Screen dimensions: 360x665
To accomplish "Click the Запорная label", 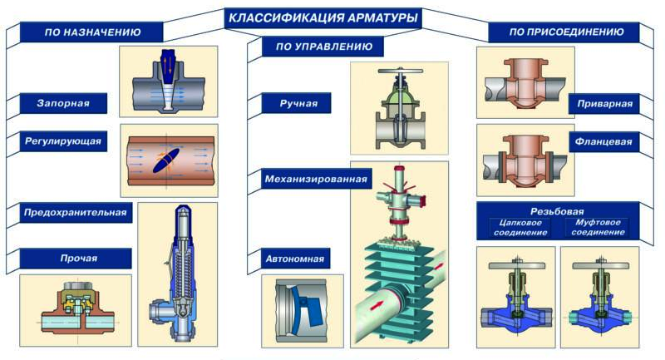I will pyautogui.click(x=63, y=104).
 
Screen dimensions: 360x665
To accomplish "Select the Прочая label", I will pyautogui.click(x=77, y=259).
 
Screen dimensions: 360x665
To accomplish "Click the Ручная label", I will pyautogui.click(x=295, y=104).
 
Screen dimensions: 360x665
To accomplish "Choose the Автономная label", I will pyautogui.click(x=296, y=259).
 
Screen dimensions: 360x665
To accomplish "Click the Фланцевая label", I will pyautogui.click(x=603, y=142).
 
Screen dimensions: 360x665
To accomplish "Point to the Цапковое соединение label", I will pyautogui.click(x=521, y=227).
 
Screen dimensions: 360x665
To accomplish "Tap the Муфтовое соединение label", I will pyautogui.click(x=597, y=227).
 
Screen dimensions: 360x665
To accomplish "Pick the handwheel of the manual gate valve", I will pyautogui.click(x=400, y=73).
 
